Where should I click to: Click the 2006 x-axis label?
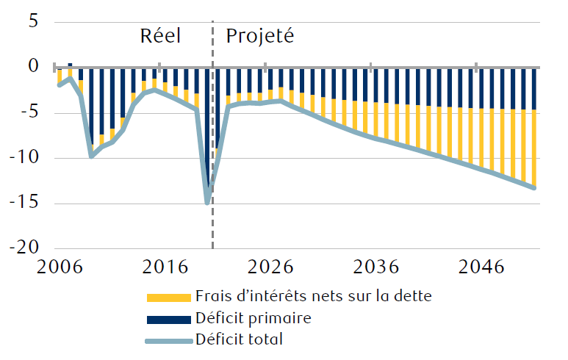click(59, 267)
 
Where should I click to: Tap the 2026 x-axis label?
click(270, 267)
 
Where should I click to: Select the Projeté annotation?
click(259, 37)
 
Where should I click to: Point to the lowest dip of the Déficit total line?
click(208, 201)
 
